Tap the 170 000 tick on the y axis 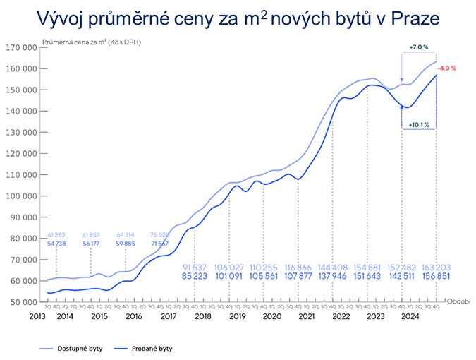(21, 48)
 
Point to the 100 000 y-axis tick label (21, 196)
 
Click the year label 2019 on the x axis (237, 317)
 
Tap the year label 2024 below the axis (409, 317)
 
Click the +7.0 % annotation (419, 47)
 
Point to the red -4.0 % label (446, 68)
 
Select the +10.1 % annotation (419, 125)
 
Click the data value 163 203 (436, 268)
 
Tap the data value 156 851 (436, 277)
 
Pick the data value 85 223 (195, 277)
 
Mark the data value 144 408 (333, 268)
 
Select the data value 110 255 (264, 268)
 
